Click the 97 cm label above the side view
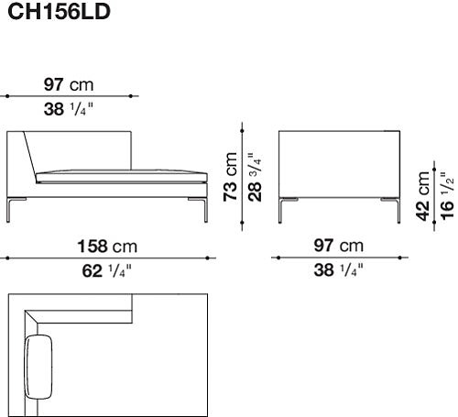(x=69, y=84)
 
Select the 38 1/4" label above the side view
(x=69, y=109)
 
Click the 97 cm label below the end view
(x=337, y=247)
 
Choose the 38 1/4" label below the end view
(x=337, y=270)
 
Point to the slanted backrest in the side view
(x=26, y=156)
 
